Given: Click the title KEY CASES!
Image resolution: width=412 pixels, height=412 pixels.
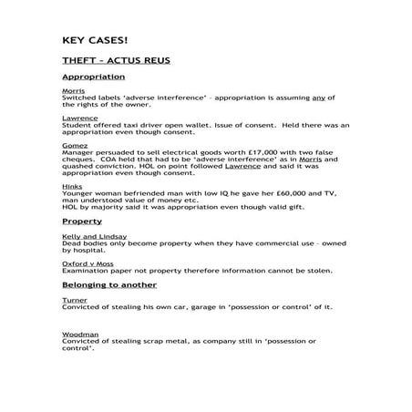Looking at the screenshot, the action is (96, 40).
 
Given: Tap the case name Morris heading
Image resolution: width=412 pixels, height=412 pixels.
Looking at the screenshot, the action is (73, 92).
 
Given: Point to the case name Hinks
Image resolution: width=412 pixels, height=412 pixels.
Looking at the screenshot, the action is (72, 186).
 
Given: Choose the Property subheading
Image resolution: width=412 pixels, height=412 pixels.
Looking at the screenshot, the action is (82, 221).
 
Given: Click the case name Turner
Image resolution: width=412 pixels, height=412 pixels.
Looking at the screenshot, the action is (74, 299).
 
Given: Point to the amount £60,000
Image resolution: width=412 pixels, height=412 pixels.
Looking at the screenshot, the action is (256, 193).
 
